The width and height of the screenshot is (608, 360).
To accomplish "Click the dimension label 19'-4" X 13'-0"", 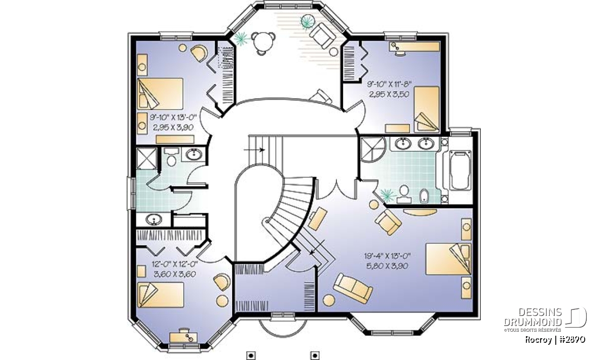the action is pyautogui.click(x=387, y=256).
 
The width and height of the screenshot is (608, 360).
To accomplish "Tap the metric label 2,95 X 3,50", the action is pyautogui.click(x=389, y=94).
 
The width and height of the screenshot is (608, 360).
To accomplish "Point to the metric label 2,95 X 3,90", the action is pyautogui.click(x=173, y=128).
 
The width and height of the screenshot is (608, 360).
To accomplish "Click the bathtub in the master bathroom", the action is pyautogui.click(x=461, y=170).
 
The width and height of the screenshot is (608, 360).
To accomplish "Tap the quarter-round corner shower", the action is pyautogui.click(x=372, y=150).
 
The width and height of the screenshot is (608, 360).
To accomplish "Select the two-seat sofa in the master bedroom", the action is pyautogui.click(x=353, y=288).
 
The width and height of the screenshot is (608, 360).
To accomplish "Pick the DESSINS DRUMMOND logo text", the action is pyautogui.click(x=533, y=317).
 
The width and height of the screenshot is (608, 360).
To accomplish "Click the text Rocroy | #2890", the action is pyautogui.click(x=555, y=340).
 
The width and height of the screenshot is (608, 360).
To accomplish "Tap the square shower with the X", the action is pyautogui.click(x=146, y=158).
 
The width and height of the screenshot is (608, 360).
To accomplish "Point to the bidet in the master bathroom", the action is pyautogui.click(x=424, y=196).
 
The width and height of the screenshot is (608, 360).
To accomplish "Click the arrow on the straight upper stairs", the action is pyautogui.click(x=254, y=149).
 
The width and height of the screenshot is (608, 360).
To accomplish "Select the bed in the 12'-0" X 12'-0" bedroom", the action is pyautogui.click(x=161, y=295).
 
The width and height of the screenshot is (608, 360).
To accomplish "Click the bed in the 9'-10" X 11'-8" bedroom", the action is pyautogui.click(x=427, y=109).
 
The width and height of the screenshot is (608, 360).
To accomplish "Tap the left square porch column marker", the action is pyautogui.click(x=251, y=355).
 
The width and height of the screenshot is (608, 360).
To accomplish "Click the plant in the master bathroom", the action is pyautogui.click(x=388, y=194).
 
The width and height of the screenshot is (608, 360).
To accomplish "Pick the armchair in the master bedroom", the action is pyautogui.click(x=388, y=222).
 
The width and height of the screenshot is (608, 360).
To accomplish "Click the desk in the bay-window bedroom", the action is pyautogui.click(x=183, y=337).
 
